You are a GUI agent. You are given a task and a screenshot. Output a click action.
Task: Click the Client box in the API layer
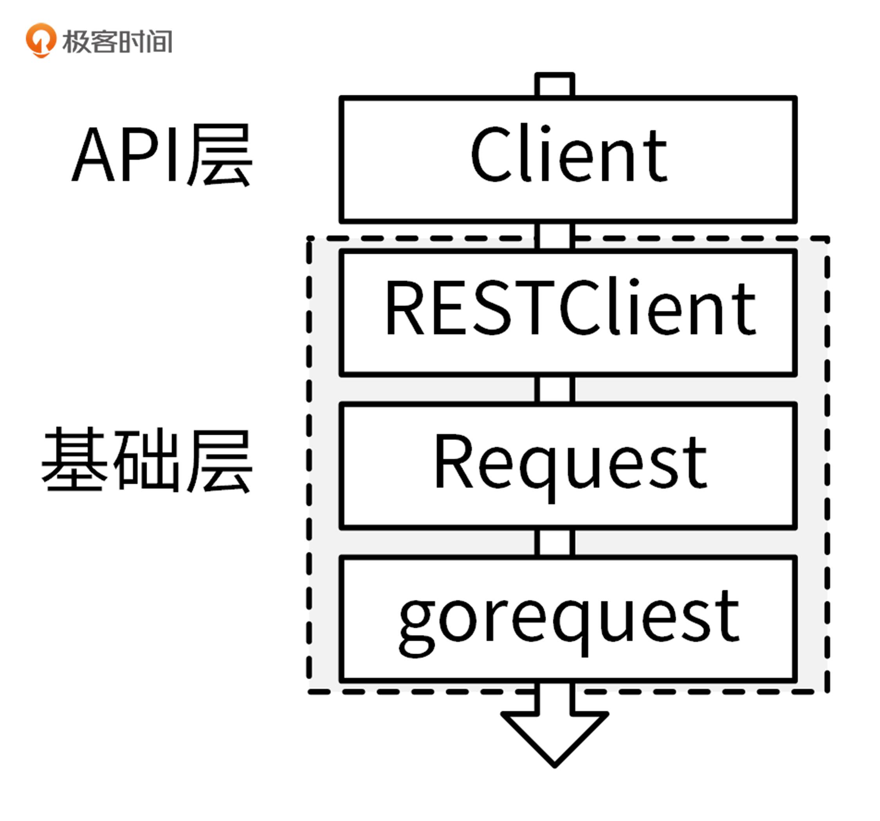click(x=568, y=159)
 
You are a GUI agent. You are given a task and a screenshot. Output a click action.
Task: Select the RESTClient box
click(x=568, y=313)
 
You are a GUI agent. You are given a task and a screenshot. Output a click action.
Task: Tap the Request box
click(x=568, y=466)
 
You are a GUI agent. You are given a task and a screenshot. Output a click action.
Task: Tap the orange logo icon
click(x=41, y=40)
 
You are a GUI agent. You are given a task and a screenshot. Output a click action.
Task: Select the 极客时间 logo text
click(x=117, y=42)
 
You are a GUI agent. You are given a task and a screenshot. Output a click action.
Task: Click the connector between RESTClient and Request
click(x=554, y=389)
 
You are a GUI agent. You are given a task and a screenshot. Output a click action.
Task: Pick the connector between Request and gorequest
click(x=554, y=542)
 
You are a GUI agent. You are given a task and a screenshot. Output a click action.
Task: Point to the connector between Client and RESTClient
click(x=554, y=236)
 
